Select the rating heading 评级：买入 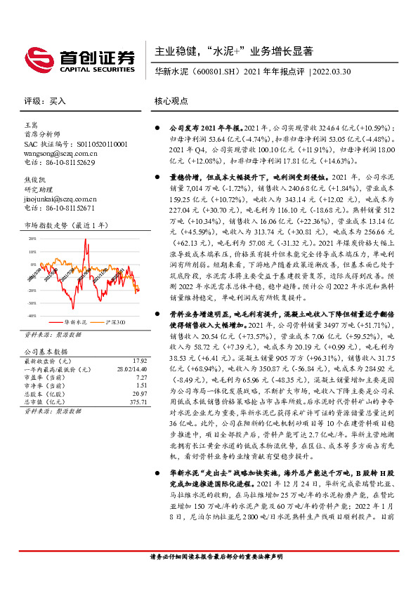coord(45,101)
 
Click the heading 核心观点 coord(171,101)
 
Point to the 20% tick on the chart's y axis coord(32,239)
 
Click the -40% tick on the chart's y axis coord(31,317)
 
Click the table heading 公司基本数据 coord(46,352)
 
